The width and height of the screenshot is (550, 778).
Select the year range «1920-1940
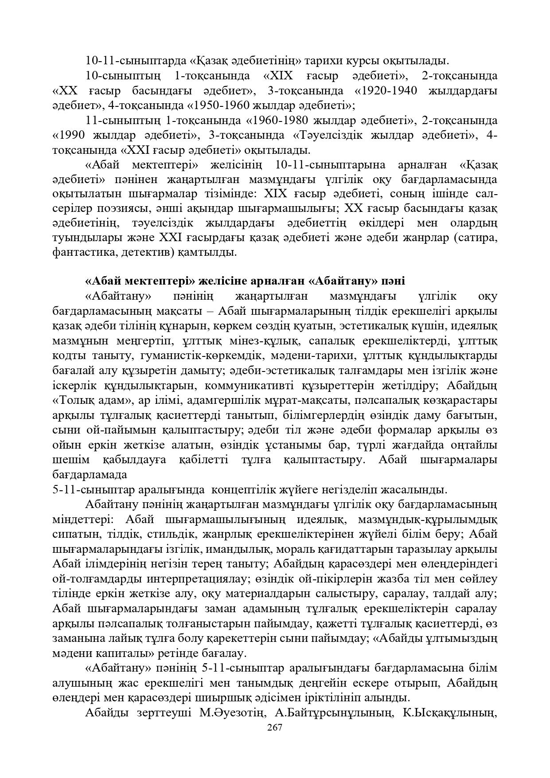click(x=386, y=91)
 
